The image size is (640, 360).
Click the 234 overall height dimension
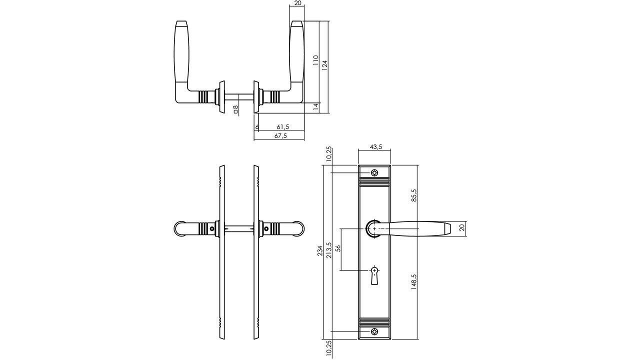coord(320,250)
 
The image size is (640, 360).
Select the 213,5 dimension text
coord(328,250)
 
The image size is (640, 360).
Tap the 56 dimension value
coord(337,248)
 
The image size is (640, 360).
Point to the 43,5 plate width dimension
coord(376,146)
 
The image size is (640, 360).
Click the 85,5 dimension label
coord(413,195)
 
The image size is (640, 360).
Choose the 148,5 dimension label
coord(413,282)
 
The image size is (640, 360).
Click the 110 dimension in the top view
coord(315,60)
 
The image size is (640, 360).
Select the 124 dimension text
coord(324,65)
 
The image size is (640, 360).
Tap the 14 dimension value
coord(315,106)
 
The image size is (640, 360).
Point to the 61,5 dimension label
coord(283,127)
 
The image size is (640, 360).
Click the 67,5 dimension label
coord(281,136)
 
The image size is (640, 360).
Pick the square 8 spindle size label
coord(235,108)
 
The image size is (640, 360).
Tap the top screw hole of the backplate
coord(374,173)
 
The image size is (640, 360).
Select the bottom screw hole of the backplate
coord(374,331)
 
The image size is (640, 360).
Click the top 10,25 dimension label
coord(328,153)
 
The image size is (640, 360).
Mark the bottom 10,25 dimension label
coord(328,348)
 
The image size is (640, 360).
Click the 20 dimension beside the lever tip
coord(461,227)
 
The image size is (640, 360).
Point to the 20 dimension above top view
coord(297,3)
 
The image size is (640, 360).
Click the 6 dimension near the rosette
coord(257,127)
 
